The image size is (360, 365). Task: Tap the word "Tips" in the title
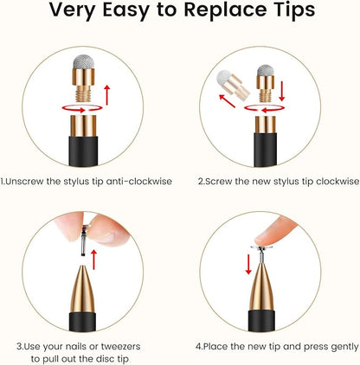(x=293, y=10)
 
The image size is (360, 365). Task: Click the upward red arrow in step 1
(x=107, y=95)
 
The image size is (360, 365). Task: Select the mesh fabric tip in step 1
(x=84, y=61)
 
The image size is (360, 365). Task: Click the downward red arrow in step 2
(x=282, y=91)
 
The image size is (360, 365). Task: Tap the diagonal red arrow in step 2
(x=227, y=101)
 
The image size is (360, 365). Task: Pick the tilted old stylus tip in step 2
(x=233, y=84)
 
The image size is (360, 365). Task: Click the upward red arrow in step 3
(x=93, y=259)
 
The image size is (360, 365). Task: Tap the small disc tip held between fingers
(x=84, y=240)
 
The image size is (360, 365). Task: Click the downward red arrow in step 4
(x=248, y=264)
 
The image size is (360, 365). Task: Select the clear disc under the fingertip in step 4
(x=261, y=247)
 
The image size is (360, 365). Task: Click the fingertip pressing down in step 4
(x=274, y=232)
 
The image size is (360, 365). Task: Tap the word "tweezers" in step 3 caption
(x=120, y=346)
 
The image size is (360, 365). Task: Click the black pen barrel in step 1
(x=83, y=151)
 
